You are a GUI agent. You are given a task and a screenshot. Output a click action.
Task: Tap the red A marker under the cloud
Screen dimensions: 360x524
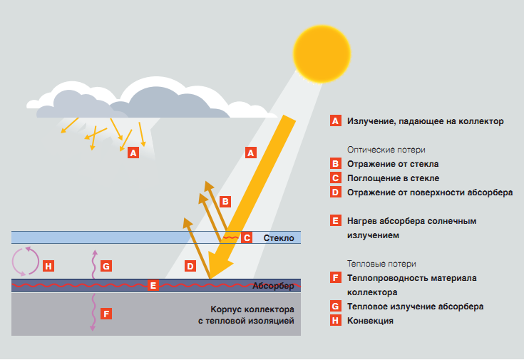point(133,152)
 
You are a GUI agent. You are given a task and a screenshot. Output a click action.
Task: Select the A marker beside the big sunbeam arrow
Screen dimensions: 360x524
point(250,152)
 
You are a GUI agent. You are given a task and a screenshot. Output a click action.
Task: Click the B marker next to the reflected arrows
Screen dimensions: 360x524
point(225,201)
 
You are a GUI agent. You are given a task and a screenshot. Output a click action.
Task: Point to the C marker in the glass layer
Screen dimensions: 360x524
point(247,237)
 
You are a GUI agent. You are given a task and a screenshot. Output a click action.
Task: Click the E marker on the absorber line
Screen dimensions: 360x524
point(153,285)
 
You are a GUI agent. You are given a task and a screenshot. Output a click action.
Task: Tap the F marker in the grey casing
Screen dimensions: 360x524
point(106,313)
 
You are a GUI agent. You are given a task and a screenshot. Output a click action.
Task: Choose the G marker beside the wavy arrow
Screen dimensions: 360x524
point(106,266)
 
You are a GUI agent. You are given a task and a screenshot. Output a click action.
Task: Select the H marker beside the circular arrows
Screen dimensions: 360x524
point(48,266)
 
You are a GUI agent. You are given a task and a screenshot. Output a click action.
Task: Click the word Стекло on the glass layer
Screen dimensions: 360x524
point(279,237)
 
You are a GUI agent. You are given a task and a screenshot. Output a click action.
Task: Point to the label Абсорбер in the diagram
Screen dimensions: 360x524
point(273,286)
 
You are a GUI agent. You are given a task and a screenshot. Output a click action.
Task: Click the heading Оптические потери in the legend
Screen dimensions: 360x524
point(386,150)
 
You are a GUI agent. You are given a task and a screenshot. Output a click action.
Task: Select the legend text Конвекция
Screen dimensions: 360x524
point(371,321)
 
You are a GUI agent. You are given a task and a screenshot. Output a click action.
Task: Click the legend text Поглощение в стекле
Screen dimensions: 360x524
point(393,178)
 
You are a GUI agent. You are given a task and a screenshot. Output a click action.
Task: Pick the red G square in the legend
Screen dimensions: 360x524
point(336,307)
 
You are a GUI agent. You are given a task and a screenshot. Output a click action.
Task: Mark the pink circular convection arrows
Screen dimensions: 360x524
point(26,261)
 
